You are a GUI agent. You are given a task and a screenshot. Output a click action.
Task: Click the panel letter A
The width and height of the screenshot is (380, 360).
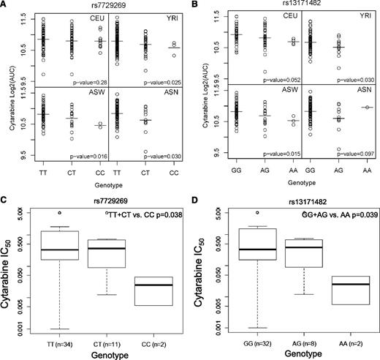pos(5,6)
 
